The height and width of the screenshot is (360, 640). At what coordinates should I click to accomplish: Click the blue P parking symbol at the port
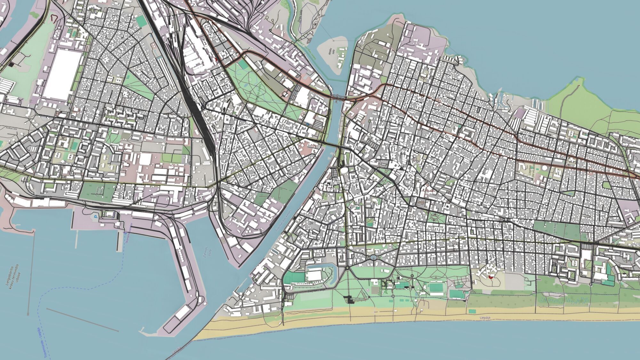point(95,217)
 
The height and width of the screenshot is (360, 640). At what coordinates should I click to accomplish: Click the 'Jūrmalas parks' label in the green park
point(387,285)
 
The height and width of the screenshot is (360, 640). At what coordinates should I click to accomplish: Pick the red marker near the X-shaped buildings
point(490,276)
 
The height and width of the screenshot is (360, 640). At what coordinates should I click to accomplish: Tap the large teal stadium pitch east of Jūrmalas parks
point(436,287)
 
